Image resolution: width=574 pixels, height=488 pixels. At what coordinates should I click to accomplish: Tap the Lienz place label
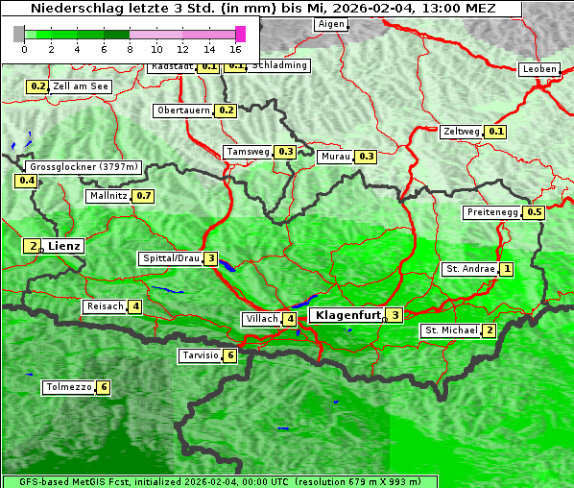point(66,246)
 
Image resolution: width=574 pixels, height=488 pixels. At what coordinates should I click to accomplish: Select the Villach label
point(261,319)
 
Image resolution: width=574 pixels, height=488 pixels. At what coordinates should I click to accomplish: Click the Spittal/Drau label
point(171,258)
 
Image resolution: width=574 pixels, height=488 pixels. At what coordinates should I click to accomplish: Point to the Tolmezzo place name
point(68,387)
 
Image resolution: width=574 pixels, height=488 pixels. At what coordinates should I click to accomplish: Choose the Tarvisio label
point(201,355)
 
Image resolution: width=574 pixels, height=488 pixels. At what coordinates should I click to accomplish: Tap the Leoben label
point(538,69)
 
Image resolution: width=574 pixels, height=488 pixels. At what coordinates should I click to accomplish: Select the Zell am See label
point(82,86)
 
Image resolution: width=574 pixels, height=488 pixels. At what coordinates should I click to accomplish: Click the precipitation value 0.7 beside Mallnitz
point(144,196)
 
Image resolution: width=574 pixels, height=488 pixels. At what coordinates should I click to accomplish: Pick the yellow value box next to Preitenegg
point(535,212)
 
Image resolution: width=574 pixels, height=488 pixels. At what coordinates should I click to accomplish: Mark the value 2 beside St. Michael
point(490,330)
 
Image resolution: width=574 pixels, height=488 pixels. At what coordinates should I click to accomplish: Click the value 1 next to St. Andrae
point(506,269)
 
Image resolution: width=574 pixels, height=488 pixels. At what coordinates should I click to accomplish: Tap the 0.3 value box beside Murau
point(366,156)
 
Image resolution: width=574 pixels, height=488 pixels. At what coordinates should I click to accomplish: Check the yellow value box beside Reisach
point(136,306)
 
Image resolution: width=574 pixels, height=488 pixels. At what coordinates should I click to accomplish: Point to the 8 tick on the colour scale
point(130,49)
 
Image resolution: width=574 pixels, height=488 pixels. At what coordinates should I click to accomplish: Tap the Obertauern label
point(183,110)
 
